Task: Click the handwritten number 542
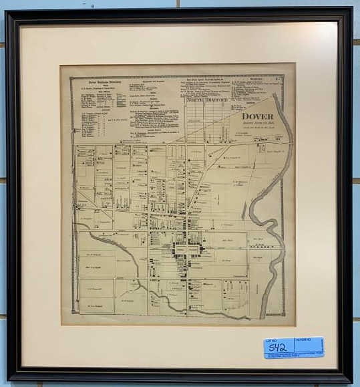click(x=277, y=348)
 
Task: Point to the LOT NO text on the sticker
click(x=270, y=340)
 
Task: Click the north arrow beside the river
click(x=243, y=210)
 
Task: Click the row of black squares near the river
click(x=260, y=247)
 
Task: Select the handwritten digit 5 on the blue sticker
click(x=271, y=348)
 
